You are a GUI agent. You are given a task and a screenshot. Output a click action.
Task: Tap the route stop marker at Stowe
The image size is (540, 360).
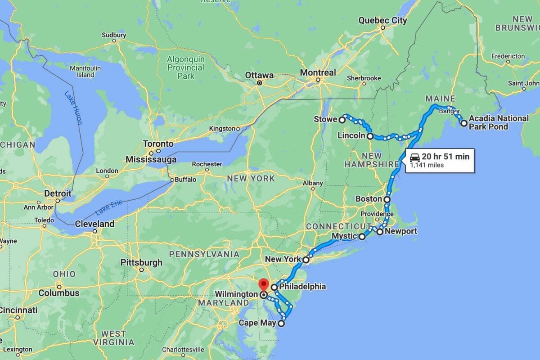click(x=342, y=120)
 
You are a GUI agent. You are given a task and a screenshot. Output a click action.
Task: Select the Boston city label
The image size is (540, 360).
click(x=369, y=199)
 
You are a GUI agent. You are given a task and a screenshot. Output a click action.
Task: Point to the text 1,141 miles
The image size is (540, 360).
click(x=427, y=165)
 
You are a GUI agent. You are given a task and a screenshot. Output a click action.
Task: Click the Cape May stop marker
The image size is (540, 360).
click(x=282, y=323)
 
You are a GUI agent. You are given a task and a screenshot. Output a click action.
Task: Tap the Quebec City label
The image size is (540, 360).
click(x=382, y=20)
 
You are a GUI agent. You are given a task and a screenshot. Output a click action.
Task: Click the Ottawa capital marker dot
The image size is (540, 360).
click(x=260, y=83)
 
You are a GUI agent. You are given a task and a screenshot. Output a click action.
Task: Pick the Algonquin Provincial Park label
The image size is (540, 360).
click(x=185, y=67)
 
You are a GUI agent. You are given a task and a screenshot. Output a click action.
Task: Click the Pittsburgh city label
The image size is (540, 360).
click(x=141, y=262)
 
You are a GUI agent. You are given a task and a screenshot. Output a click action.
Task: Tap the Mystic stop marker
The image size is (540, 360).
click(x=362, y=236)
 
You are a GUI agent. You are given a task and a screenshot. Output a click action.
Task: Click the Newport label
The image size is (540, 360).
click(x=401, y=232)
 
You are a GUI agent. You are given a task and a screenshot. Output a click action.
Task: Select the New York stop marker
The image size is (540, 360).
click(x=306, y=260)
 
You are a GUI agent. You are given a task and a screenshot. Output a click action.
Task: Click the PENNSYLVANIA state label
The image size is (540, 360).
click(x=204, y=254)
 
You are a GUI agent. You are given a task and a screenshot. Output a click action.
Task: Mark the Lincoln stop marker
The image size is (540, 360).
click(x=369, y=136)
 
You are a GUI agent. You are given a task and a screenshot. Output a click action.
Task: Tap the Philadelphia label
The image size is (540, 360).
click(x=302, y=287)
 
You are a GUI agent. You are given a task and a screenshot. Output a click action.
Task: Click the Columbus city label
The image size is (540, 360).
click(x=58, y=293)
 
